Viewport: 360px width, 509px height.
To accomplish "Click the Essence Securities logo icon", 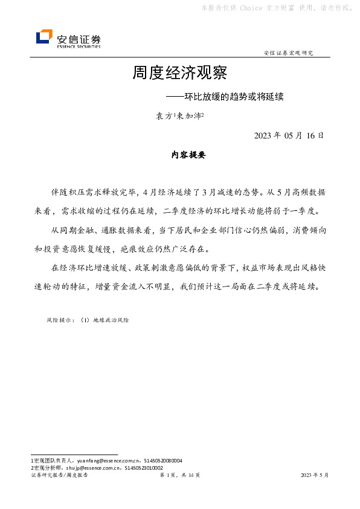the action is pos(44,37).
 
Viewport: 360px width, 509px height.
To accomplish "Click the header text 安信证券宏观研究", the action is pos(289,53).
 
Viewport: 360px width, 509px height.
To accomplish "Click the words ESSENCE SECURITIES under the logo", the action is pos(79,46).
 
